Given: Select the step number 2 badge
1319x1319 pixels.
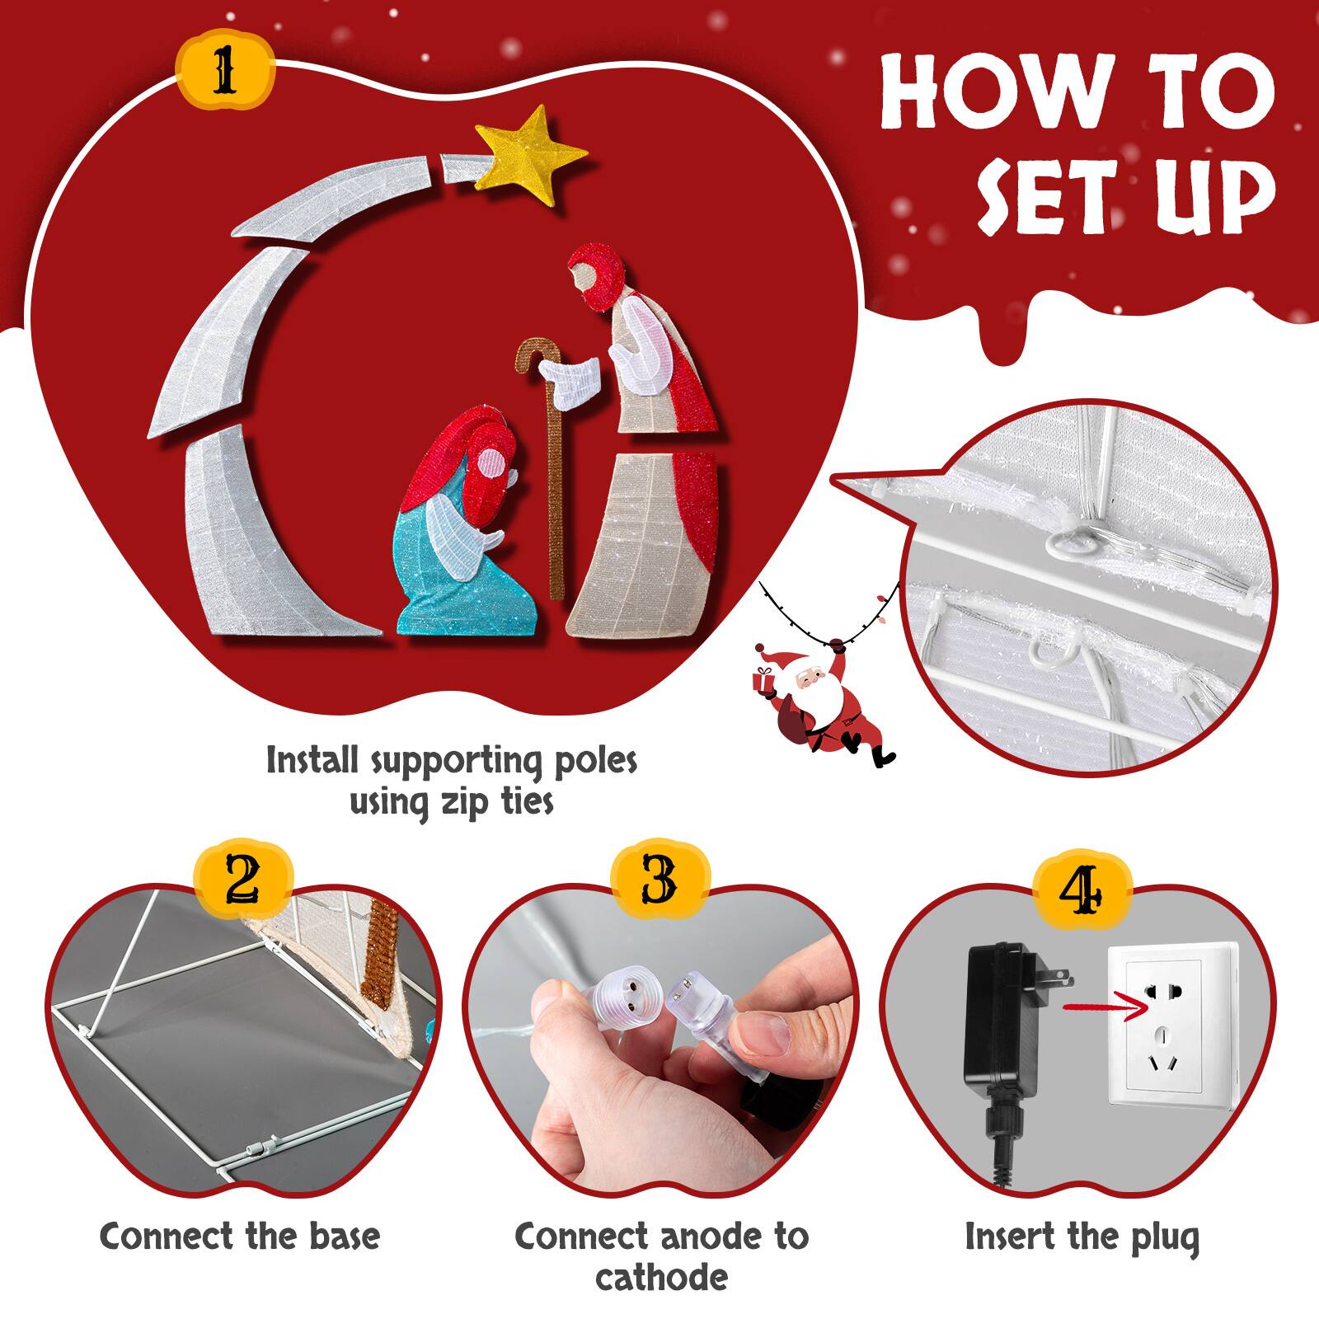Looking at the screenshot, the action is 243,880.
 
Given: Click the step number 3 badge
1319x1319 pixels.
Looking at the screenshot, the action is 659,880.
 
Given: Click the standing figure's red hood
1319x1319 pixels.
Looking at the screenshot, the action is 598,272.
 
